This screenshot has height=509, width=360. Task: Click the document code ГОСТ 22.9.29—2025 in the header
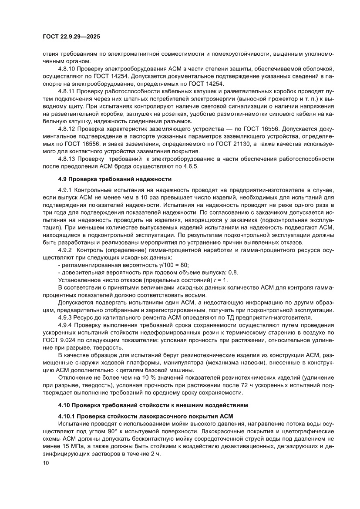click(71, 37)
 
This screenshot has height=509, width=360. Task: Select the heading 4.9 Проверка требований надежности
click(115, 179)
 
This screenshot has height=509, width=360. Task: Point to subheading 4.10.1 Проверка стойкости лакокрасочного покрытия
click(145, 416)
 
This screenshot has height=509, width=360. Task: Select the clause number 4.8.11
click(67, 91)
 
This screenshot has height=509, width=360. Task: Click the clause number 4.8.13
click(67, 159)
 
